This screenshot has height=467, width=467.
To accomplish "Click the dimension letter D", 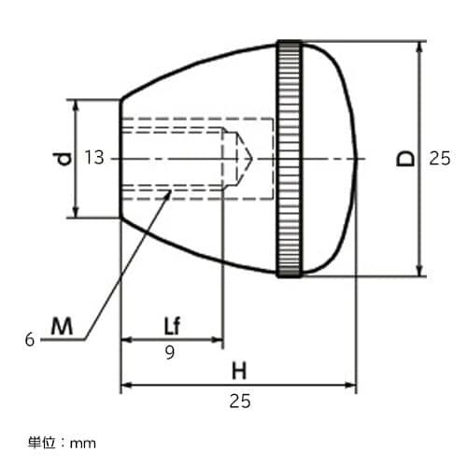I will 405,158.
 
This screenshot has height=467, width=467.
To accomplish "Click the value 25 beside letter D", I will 440,159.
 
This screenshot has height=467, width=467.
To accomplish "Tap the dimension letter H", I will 239,370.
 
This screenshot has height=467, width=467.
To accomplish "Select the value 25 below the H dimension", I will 239,402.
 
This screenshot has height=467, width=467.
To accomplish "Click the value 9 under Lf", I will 171,352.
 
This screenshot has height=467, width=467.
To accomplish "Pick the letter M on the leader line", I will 62,326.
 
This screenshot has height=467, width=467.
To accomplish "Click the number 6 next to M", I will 30,340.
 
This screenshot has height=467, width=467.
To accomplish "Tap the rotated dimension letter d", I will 62,159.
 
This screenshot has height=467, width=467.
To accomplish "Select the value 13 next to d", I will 93,158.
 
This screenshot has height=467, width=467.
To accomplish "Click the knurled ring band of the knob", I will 289,158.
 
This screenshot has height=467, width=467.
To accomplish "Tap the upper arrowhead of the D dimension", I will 419,47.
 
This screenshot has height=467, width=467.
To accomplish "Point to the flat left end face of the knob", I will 121,158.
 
